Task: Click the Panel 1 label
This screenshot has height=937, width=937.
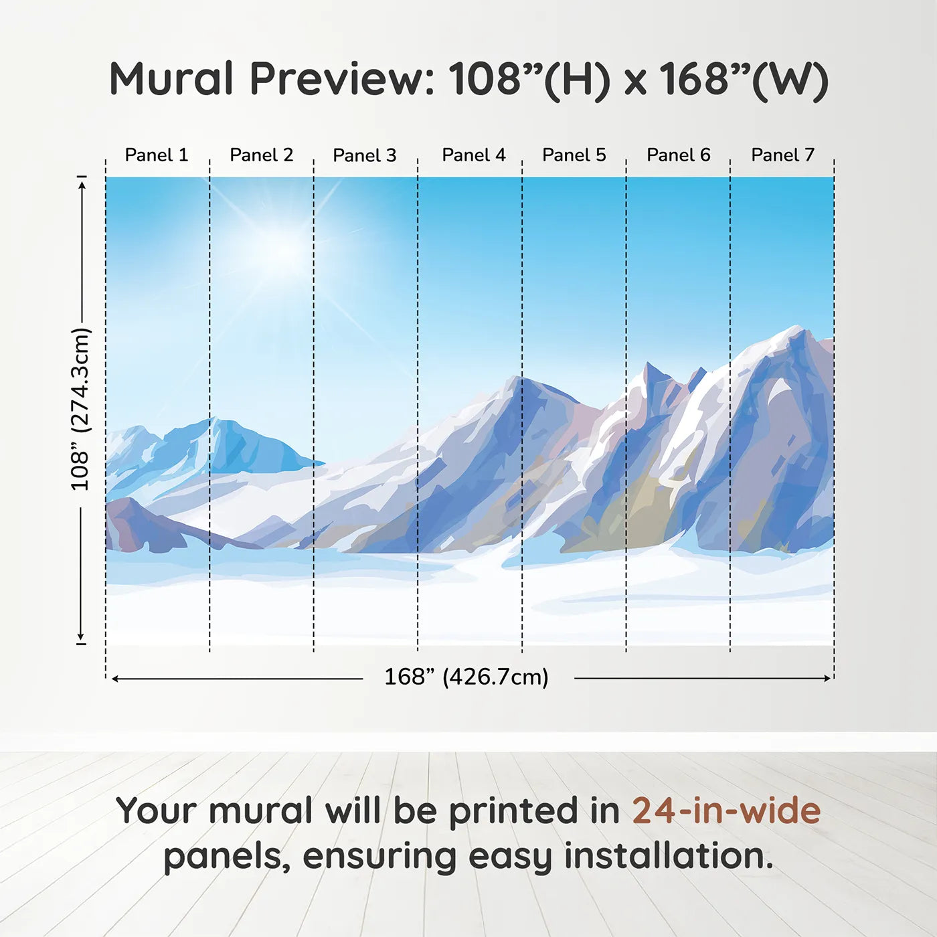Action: click(x=156, y=155)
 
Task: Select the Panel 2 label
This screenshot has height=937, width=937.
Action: click(x=261, y=155)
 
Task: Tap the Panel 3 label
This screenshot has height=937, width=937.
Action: click(x=365, y=155)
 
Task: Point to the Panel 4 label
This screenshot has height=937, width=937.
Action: click(x=474, y=155)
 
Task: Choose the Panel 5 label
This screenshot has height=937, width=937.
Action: click(x=574, y=155)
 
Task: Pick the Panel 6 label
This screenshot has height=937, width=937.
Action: click(x=678, y=155)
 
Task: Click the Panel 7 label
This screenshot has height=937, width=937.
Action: click(x=782, y=155)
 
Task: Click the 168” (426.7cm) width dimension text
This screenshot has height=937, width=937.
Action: click(x=466, y=677)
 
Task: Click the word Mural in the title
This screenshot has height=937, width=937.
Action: click(x=171, y=79)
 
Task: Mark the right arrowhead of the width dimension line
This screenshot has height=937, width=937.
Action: click(x=827, y=678)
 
